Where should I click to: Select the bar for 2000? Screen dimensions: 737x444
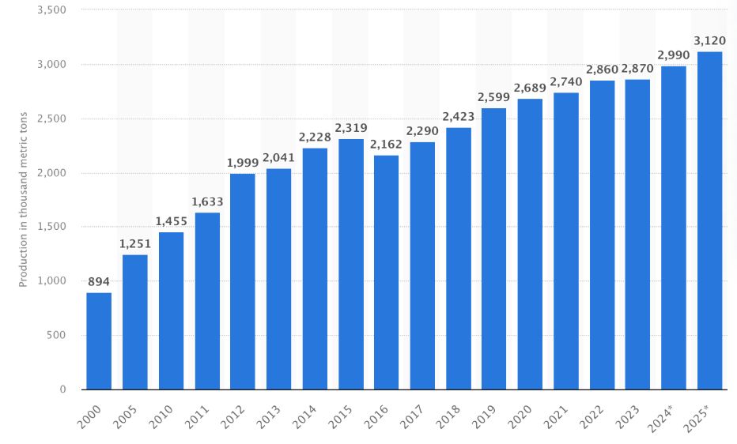(x=99, y=341)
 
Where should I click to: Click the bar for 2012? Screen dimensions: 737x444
(x=243, y=281)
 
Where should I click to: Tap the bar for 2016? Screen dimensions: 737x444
(x=387, y=273)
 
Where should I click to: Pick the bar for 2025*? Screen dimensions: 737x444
(x=710, y=220)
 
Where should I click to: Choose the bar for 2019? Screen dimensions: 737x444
(x=494, y=249)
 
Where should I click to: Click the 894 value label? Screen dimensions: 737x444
(x=99, y=281)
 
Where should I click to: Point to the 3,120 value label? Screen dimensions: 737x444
(x=710, y=41)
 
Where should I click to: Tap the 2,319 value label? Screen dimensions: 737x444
(x=351, y=128)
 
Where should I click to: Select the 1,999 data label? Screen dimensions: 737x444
(x=243, y=163)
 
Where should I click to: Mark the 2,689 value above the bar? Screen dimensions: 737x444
(x=530, y=88)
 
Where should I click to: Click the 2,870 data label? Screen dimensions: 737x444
(x=637, y=69)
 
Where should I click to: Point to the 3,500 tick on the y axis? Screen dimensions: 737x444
(x=51, y=9)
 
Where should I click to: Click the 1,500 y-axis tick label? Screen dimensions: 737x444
(x=51, y=227)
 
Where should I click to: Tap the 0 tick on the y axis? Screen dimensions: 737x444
(x=63, y=389)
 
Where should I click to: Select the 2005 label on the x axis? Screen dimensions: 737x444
(x=125, y=417)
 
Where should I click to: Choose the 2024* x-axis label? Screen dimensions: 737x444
(x=660, y=418)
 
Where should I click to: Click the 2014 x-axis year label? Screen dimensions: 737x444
(x=304, y=417)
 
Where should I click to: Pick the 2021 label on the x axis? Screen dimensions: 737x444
(x=556, y=417)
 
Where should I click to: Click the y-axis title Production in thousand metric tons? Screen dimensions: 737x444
(x=23, y=199)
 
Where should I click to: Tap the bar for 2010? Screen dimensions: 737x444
(x=171, y=311)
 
